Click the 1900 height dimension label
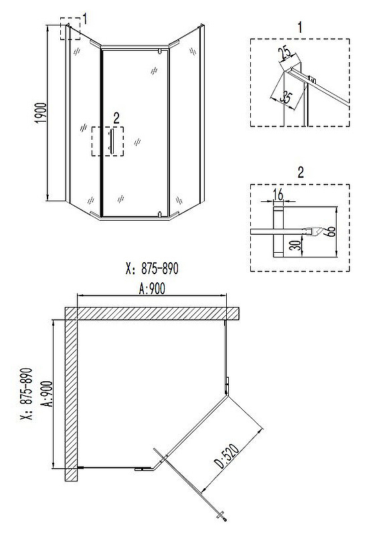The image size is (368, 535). [41, 113]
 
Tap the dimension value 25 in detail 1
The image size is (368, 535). [285, 52]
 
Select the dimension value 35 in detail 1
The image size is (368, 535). [286, 97]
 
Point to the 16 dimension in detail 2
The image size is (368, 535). [278, 195]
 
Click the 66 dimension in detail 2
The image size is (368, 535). [331, 231]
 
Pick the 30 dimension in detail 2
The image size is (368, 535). [297, 245]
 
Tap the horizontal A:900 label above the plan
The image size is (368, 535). [152, 289]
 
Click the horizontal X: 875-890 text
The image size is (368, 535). [152, 268]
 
